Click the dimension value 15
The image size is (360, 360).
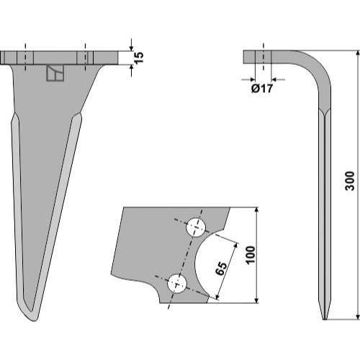[x=139, y=58]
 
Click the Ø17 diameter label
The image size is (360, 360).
[x=262, y=89]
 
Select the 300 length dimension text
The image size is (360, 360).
[x=350, y=181]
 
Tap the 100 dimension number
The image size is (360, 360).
[x=251, y=255]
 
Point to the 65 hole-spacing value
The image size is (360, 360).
[x=221, y=269]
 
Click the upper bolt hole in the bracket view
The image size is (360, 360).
[x=197, y=228]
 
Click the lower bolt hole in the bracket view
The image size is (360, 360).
[x=177, y=284]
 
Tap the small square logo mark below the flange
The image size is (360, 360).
[x=55, y=73]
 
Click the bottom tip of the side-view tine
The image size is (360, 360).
[x=325, y=319]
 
